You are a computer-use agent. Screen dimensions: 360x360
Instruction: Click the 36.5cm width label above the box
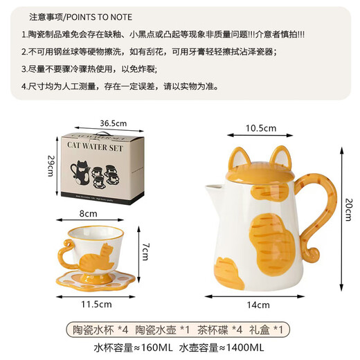111,123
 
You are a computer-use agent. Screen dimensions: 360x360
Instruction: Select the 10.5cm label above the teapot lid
262,127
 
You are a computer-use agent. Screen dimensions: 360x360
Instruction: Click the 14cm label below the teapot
259,305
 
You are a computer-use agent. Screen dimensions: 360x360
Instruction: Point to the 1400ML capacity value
244,348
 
